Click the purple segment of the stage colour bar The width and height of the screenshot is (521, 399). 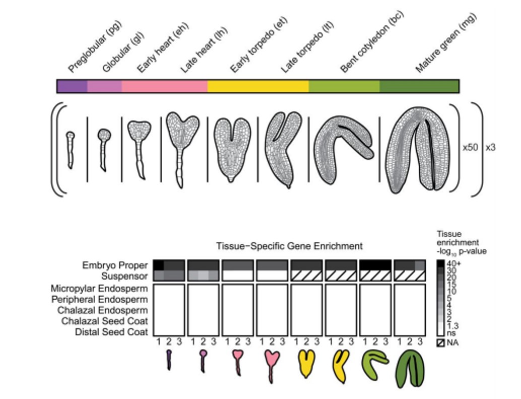(x=72, y=86)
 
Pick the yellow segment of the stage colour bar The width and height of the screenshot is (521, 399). (x=257, y=86)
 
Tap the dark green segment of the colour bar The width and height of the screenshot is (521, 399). (x=419, y=86)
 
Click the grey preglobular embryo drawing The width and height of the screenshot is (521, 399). (x=70, y=149)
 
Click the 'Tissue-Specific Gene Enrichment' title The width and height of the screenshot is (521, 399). (x=289, y=246)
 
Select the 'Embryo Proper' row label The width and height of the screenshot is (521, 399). (x=115, y=265)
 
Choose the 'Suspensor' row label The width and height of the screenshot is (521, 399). (x=124, y=276)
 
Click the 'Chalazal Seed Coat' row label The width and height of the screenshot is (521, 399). (x=105, y=321)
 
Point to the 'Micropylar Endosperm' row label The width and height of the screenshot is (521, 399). (x=99, y=289)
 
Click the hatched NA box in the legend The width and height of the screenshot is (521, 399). (x=441, y=343)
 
